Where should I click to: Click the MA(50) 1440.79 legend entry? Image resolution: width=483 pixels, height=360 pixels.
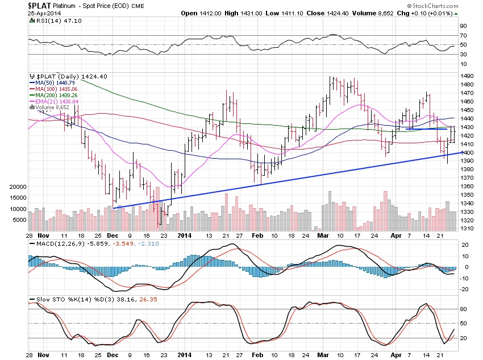click(55, 83)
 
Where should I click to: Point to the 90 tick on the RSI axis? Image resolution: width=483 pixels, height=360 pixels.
click(464, 26)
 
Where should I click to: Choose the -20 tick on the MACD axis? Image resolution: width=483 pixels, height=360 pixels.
click(464, 289)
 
